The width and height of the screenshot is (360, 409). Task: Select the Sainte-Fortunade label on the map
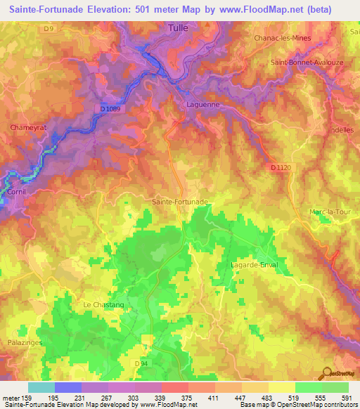(180, 202)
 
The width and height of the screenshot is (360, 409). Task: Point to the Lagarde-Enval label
(254, 264)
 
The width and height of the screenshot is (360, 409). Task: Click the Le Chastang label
(103, 304)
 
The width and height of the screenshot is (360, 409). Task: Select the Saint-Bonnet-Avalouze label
(304, 63)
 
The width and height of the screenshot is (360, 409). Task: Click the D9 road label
(48, 29)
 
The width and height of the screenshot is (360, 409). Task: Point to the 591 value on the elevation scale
(347, 398)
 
